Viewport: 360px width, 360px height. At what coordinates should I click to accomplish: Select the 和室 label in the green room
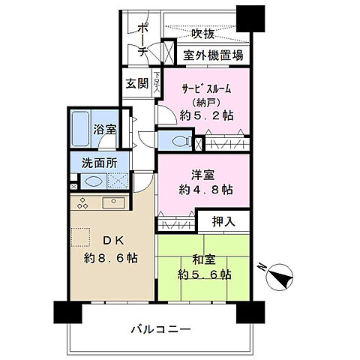pyautogui.click(x=202, y=259)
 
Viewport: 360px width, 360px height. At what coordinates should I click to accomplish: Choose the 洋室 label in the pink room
pyautogui.click(x=202, y=174)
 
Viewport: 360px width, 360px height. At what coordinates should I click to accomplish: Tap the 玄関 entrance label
pyautogui.click(x=137, y=82)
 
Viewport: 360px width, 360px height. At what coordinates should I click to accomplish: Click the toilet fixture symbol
pyautogui.click(x=179, y=140)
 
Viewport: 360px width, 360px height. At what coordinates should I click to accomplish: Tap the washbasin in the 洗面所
pyautogui.click(x=94, y=181)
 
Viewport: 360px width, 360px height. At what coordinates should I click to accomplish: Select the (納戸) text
pyautogui.click(x=204, y=103)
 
